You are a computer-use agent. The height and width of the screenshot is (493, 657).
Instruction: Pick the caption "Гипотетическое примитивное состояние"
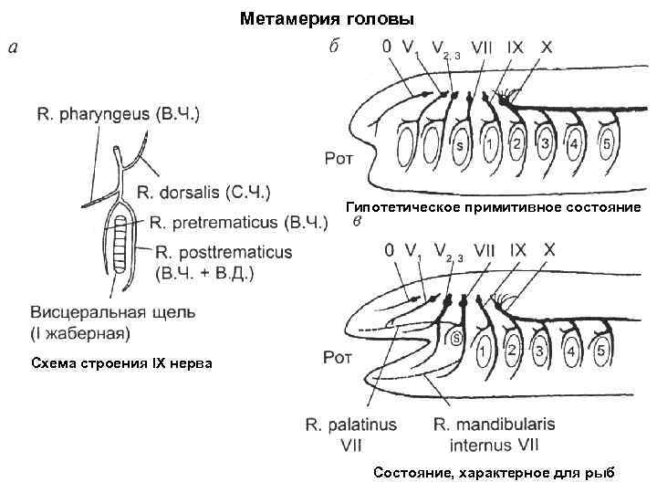click(x=494, y=207)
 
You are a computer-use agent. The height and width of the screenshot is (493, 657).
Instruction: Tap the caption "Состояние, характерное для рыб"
click(x=494, y=472)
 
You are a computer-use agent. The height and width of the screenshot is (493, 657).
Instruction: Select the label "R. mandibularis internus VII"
click(x=494, y=435)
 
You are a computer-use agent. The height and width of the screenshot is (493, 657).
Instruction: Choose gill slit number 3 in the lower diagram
click(x=545, y=350)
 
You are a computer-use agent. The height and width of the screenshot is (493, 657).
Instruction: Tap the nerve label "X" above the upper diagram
click(x=547, y=46)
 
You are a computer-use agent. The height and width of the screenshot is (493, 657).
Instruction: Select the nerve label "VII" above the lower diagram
click(x=485, y=249)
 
